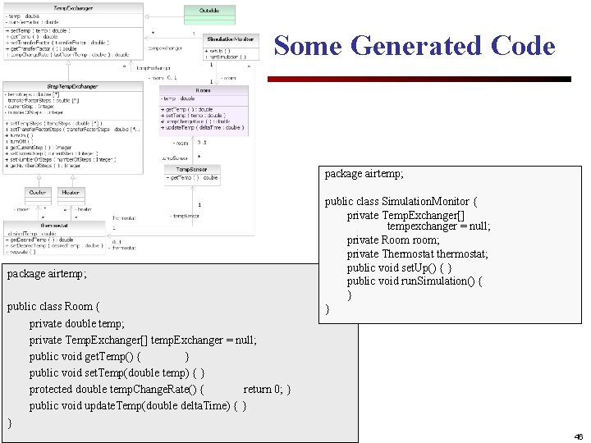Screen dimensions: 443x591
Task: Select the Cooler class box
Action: click(x=38, y=193)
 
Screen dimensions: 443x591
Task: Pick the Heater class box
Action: click(x=71, y=193)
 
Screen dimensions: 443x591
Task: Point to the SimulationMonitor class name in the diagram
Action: click(x=231, y=39)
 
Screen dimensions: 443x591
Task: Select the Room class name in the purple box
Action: click(x=203, y=90)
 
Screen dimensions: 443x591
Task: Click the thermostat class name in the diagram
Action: click(x=54, y=225)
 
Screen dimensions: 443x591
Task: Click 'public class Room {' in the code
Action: click(x=53, y=307)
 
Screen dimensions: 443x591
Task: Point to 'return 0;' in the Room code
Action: click(x=266, y=390)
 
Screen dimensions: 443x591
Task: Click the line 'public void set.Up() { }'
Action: click(x=399, y=267)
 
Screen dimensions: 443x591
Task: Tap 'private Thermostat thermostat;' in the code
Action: click(x=417, y=253)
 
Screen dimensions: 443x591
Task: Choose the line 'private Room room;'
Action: click(x=393, y=240)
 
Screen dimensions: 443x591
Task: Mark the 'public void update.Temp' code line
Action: click(x=138, y=406)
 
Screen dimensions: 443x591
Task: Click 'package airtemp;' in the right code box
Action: click(x=364, y=174)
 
